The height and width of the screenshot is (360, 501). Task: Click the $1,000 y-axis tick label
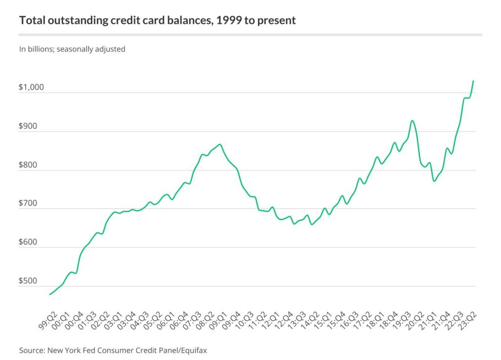click(x=31, y=88)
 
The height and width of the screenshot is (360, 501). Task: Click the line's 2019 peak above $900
click(x=412, y=120)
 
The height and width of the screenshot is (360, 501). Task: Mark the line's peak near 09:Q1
click(x=220, y=144)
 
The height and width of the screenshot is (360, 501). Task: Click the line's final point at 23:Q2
click(x=474, y=81)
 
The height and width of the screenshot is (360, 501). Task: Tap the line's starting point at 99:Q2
click(x=49, y=294)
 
